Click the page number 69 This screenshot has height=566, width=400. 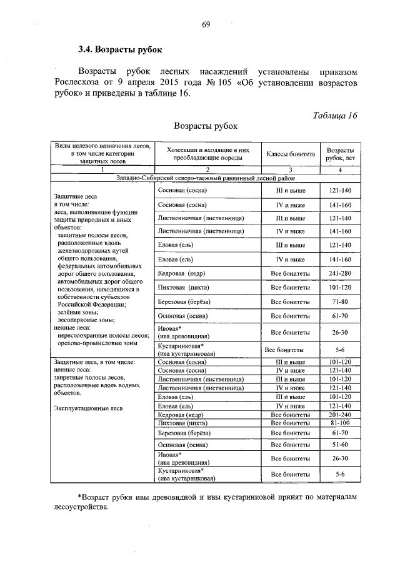[x=204, y=24]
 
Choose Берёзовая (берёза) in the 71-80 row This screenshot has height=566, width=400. [x=183, y=302]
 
